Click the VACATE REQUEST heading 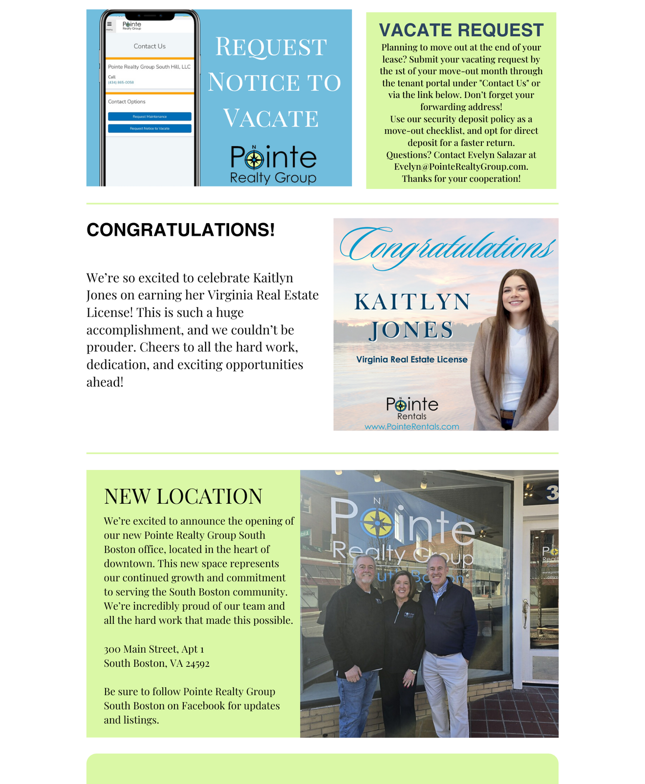point(461,30)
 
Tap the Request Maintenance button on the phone point(150,117)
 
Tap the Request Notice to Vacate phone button point(150,128)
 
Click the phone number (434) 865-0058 point(121,83)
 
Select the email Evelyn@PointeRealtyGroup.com point(461,166)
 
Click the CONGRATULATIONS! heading point(180,230)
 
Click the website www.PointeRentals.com point(411,427)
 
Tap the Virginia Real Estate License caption point(411,360)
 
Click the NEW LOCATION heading point(183,496)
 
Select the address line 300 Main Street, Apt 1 point(154,649)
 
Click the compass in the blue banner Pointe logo point(254,159)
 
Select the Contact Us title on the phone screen point(150,46)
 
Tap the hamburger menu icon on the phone point(109,24)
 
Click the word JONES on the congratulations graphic point(411,330)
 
